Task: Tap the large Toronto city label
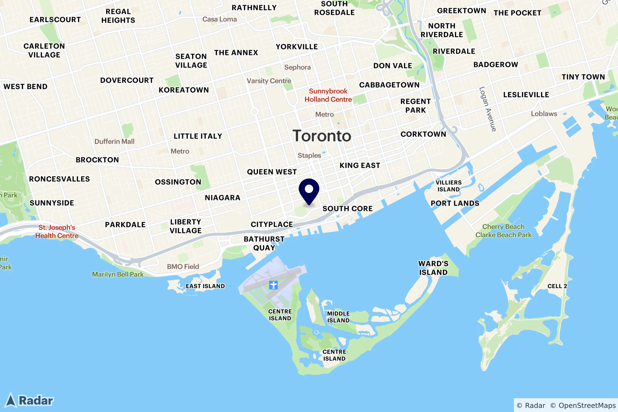[x=322, y=136]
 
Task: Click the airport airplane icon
[x=273, y=285]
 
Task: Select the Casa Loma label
[x=219, y=19]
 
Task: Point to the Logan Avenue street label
[x=488, y=109]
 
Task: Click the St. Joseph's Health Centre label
[x=57, y=231]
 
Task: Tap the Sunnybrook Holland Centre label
[x=328, y=95]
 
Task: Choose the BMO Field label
[x=183, y=266]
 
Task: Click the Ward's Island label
[x=433, y=268]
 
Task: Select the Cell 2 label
[x=557, y=286]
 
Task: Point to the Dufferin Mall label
[x=114, y=141]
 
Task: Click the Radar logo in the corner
[x=30, y=400]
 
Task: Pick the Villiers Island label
[x=448, y=186]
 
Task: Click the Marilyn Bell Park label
[x=118, y=274]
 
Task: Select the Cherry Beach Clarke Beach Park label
[x=503, y=231]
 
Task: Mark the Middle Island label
[x=338, y=317]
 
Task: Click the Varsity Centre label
[x=269, y=81]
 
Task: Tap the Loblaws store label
[x=544, y=114]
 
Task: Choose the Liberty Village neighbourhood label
[x=185, y=226]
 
